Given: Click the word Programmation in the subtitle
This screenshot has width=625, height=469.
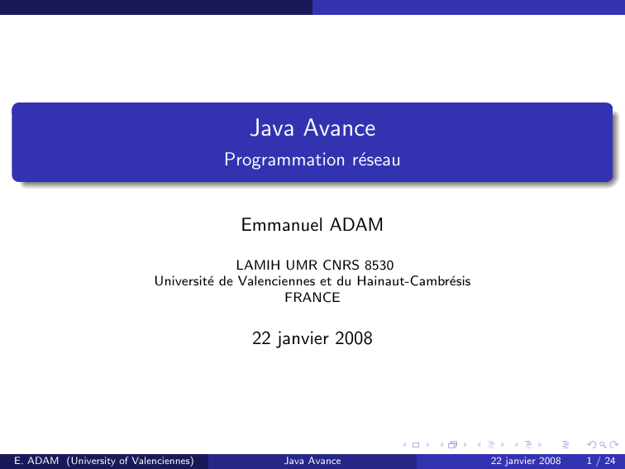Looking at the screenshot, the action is pos(284,160).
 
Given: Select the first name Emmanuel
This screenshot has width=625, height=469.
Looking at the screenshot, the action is pos(282,224).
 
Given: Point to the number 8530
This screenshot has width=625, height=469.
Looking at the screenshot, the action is pos(379,266).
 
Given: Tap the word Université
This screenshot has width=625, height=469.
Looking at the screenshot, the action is pos(184,281).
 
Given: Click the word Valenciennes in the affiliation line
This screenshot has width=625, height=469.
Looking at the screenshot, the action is pos(279,281).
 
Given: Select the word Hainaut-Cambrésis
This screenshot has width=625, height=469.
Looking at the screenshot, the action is pos(413,281).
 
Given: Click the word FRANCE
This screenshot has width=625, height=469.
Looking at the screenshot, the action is pos(312,298).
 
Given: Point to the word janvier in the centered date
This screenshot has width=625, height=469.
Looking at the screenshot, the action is pos(303,339).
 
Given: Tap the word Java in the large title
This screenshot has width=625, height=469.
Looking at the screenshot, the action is pos(272,128).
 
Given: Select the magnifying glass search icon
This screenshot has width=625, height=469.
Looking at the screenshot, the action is pos(603,445).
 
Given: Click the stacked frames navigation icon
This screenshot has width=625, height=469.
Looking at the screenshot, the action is pos(452,445).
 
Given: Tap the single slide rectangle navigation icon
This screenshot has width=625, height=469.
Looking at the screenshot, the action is pos(416,445).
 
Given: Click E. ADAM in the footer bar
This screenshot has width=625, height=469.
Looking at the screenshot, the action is pos(36,461).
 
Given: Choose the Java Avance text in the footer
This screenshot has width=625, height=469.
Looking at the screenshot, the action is pos(312,461).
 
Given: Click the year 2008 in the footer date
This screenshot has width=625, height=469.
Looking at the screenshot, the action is pos(549,461).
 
